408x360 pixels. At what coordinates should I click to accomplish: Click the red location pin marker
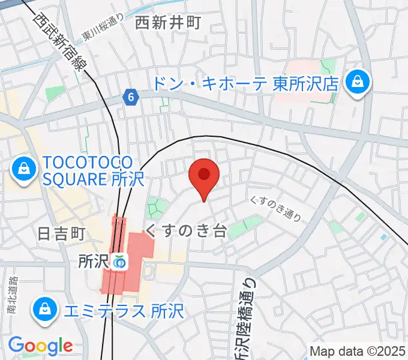click(204, 176)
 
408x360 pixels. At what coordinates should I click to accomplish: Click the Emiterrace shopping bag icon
click(45, 310)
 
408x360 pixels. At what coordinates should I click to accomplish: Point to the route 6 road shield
click(131, 96)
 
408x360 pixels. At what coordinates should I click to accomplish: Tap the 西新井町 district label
click(167, 23)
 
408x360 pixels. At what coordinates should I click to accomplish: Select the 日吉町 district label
click(62, 233)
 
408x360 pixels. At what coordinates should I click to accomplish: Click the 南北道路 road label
click(13, 296)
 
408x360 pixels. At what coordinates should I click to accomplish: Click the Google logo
click(40, 346)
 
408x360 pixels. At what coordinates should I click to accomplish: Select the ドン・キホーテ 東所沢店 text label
click(245, 83)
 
